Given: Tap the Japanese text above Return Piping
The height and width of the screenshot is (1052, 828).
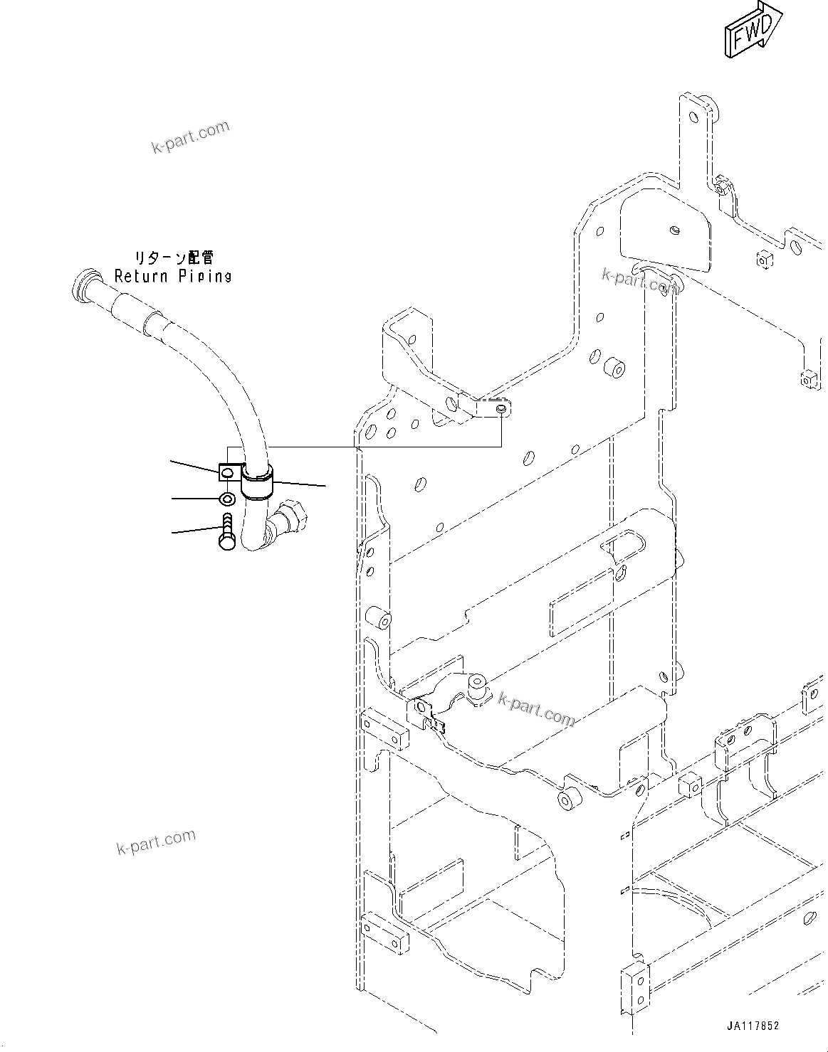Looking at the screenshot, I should tap(174, 257).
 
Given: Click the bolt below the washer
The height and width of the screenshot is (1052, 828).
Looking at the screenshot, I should tap(226, 531).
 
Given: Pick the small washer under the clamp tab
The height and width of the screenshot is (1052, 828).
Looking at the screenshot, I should tap(227, 499).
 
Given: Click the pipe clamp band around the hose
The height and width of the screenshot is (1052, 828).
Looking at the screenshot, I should tap(257, 480).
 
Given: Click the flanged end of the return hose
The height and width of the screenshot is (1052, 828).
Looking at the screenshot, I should tap(83, 285).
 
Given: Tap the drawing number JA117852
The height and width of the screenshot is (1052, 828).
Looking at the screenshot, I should tap(753, 1026).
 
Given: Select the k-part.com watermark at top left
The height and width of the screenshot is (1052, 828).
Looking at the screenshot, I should tap(191, 137).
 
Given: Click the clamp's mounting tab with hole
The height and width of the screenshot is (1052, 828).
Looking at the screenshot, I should tap(227, 471).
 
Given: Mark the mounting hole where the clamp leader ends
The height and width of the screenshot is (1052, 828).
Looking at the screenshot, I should tap(502, 409).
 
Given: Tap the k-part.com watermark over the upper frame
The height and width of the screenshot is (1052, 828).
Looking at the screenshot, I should tap(639, 280).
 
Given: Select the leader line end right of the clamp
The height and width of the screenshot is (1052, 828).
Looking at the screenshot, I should tap(325, 487).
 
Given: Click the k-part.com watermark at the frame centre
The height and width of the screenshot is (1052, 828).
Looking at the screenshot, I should tap(536, 708).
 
